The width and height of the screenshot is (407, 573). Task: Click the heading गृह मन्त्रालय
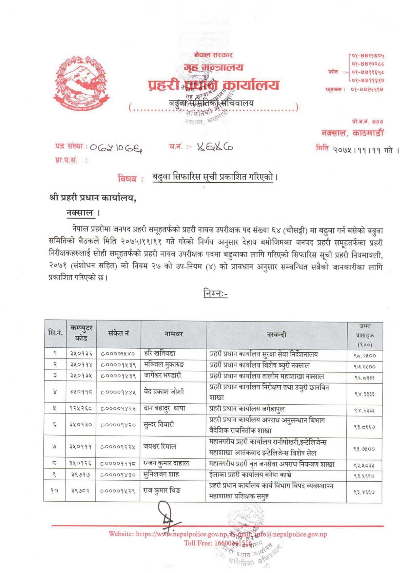click(214, 68)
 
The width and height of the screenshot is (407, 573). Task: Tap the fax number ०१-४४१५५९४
click(367, 89)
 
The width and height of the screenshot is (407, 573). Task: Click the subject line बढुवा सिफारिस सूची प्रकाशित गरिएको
click(213, 177)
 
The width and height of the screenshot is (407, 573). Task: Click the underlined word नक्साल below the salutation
click(80, 213)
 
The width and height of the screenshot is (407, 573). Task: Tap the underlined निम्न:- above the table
click(215, 293)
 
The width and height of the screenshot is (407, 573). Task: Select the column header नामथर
click(173, 334)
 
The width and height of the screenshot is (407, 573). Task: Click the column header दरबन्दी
click(276, 335)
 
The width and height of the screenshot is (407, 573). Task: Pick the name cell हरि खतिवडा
click(160, 353)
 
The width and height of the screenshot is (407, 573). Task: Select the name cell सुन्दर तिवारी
click(159, 424)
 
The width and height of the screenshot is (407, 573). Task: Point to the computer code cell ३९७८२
click(80, 491)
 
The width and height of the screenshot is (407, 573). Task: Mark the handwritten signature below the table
click(168, 516)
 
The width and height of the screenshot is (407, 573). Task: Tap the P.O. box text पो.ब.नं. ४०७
click(367, 121)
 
